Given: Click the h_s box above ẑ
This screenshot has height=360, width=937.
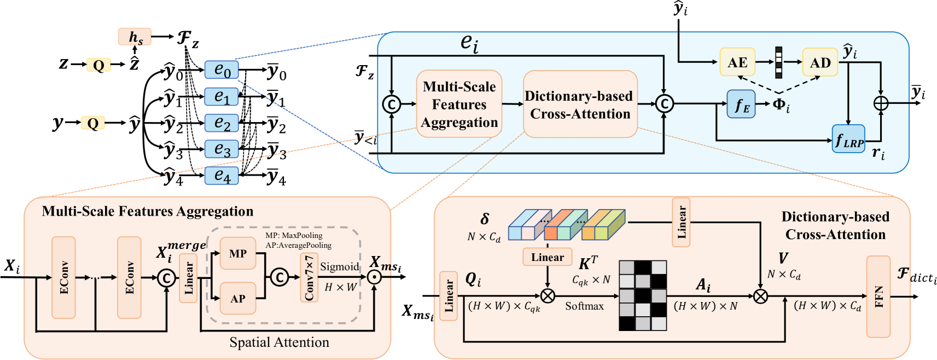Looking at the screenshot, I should (135, 37).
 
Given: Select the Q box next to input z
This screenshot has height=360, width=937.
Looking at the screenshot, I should (98, 66).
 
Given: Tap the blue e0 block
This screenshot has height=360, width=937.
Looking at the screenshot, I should (222, 70).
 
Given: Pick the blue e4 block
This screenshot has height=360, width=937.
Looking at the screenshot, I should (222, 176).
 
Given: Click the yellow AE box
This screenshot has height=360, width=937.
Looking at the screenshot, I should (737, 63).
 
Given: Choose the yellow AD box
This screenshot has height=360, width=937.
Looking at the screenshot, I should (820, 63).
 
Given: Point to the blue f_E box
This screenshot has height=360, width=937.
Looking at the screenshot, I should (741, 104).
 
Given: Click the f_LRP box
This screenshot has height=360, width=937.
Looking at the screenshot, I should (848, 139).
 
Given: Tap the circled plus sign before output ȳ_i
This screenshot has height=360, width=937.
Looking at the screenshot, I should (881, 103).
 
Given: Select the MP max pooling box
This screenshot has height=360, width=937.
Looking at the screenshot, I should (237, 253).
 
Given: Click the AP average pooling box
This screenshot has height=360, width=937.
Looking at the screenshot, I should (237, 299).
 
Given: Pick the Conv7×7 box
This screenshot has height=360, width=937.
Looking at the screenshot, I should (309, 277).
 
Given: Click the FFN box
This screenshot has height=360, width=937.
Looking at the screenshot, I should (878, 297).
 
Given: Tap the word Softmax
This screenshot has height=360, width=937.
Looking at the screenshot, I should (584, 306).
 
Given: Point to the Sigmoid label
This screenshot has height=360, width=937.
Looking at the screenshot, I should (339, 267).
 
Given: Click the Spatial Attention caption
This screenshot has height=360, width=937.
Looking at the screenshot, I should (279, 342).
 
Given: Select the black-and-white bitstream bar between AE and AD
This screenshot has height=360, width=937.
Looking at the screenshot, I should (778, 63).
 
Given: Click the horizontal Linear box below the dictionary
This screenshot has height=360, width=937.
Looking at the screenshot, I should (547, 257).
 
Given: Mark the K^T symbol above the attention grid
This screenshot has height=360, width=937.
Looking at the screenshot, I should (588, 264).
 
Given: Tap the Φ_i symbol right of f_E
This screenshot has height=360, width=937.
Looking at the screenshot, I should (781, 105).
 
